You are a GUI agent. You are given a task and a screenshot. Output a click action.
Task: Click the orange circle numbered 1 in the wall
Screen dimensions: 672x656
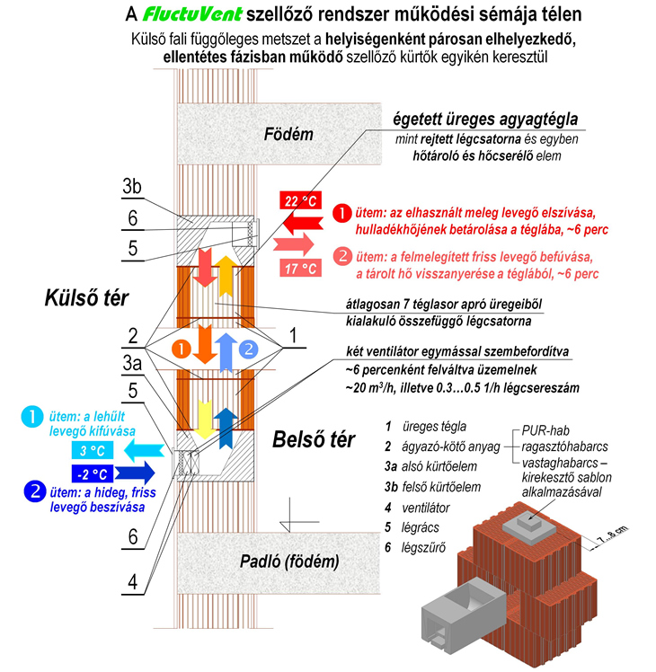(x=181, y=347)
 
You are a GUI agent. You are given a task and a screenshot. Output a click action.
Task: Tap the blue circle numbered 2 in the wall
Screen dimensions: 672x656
(x=250, y=347)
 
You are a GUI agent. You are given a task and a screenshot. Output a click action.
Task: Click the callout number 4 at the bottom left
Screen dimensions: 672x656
(x=132, y=581)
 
